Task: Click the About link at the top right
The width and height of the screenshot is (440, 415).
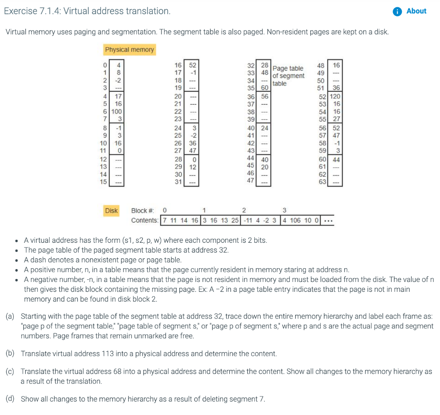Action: pos(416,11)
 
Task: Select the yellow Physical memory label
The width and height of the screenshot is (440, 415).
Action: pos(129,50)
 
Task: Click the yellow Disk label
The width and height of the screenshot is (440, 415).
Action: pos(111,211)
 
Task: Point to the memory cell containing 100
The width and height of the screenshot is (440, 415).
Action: pos(117,111)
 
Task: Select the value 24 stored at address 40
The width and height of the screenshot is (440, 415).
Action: pos(264,128)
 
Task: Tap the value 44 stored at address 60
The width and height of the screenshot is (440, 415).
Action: pos(335,159)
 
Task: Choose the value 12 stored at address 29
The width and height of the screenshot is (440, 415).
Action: pos(193,167)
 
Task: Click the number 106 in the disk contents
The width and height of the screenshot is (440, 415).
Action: pos(295,220)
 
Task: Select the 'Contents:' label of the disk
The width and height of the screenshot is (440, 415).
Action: pos(145,220)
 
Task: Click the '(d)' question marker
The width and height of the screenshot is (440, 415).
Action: pos(10,399)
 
